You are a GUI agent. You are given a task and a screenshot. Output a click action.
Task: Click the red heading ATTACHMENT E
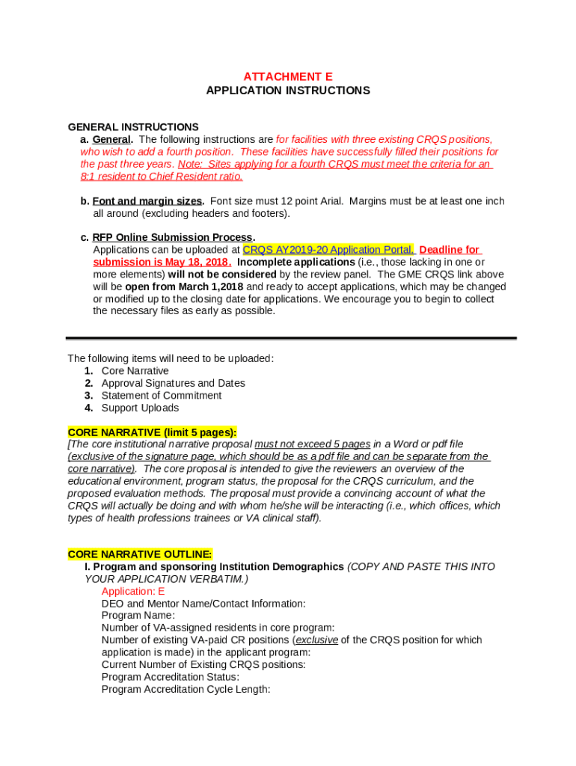coord(288,77)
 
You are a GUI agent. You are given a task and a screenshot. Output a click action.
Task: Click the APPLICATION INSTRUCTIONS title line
coord(288,91)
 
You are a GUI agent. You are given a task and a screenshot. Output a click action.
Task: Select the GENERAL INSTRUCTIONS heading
coord(133,127)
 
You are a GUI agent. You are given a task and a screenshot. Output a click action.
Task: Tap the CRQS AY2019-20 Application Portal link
coord(328,250)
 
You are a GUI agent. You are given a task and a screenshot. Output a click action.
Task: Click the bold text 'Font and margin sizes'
coord(147,201)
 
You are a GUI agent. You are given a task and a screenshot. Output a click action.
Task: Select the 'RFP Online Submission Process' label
coord(173,238)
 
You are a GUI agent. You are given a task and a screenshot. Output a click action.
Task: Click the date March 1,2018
coord(212,287)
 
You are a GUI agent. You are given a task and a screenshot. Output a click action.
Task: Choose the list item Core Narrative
coord(135,371)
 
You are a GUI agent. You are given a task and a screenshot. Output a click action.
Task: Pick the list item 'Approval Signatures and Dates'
coord(174,383)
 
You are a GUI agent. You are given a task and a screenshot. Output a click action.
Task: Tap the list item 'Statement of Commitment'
coord(162,395)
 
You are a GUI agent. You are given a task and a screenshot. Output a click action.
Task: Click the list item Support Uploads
coord(141,408)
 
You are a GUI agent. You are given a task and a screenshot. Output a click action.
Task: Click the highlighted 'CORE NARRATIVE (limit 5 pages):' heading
coord(153,432)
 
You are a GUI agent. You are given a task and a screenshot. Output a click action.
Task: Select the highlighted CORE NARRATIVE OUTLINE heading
coord(140,554)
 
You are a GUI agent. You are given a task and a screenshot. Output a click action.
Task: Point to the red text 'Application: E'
coord(133,591)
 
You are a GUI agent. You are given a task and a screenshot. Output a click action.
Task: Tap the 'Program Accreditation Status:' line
coord(171,677)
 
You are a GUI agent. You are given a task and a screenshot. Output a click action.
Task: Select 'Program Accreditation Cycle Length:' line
coord(186,689)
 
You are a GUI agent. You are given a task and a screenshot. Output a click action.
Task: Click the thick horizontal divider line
coord(291,339)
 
